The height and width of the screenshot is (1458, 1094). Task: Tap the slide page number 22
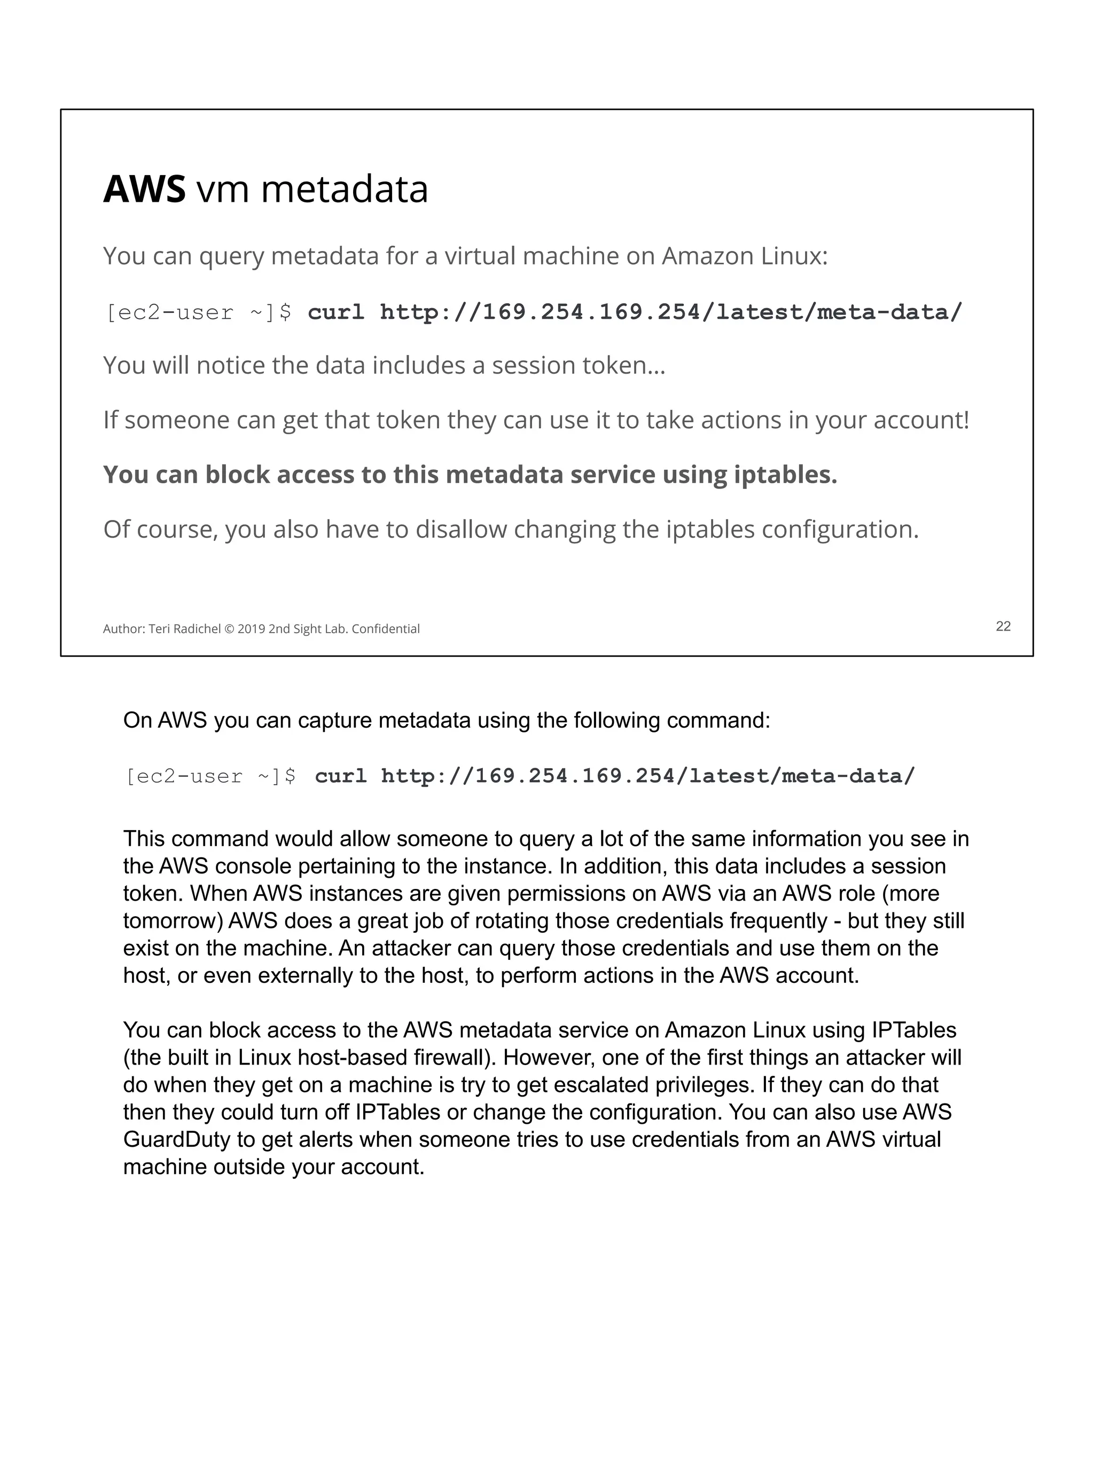(x=1002, y=626)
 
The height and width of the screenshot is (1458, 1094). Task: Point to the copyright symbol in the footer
(x=229, y=629)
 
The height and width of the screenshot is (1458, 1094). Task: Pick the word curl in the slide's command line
(x=335, y=312)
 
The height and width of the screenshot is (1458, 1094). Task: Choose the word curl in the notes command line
(x=340, y=776)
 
